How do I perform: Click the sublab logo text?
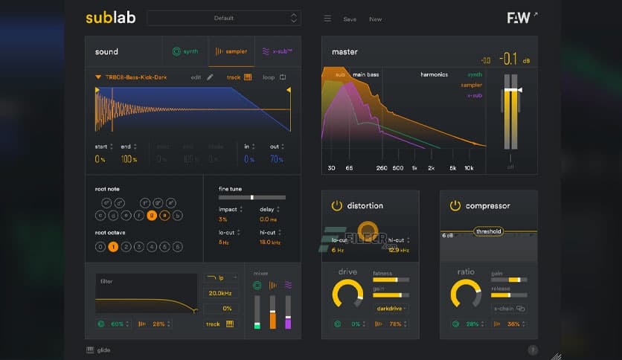pos(110,18)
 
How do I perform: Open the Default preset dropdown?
pos(223,18)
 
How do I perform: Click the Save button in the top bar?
pos(349,19)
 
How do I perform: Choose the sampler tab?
pos(231,51)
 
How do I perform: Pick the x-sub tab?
pos(278,51)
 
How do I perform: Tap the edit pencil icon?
pos(211,77)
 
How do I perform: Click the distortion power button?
pos(336,205)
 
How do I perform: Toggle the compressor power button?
pos(455,205)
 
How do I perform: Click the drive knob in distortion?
pos(347,293)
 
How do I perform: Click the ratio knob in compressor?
pos(466,293)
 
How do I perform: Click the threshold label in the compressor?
pos(489,231)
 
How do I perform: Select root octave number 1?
pos(113,246)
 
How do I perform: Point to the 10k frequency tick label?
pos(469,168)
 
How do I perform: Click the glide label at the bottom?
pos(103,350)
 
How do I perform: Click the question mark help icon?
pos(533,350)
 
